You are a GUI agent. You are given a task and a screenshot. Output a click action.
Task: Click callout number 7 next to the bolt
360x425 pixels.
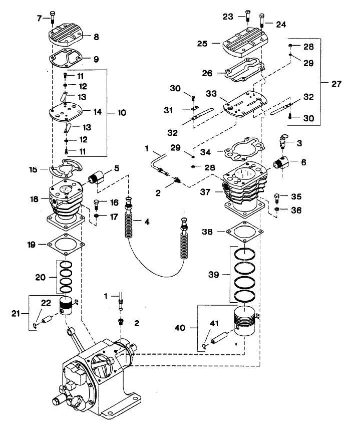(39, 19)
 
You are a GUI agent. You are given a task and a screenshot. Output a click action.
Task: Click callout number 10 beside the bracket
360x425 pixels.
(122, 112)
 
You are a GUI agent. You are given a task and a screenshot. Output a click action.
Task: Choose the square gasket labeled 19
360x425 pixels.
(64, 245)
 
